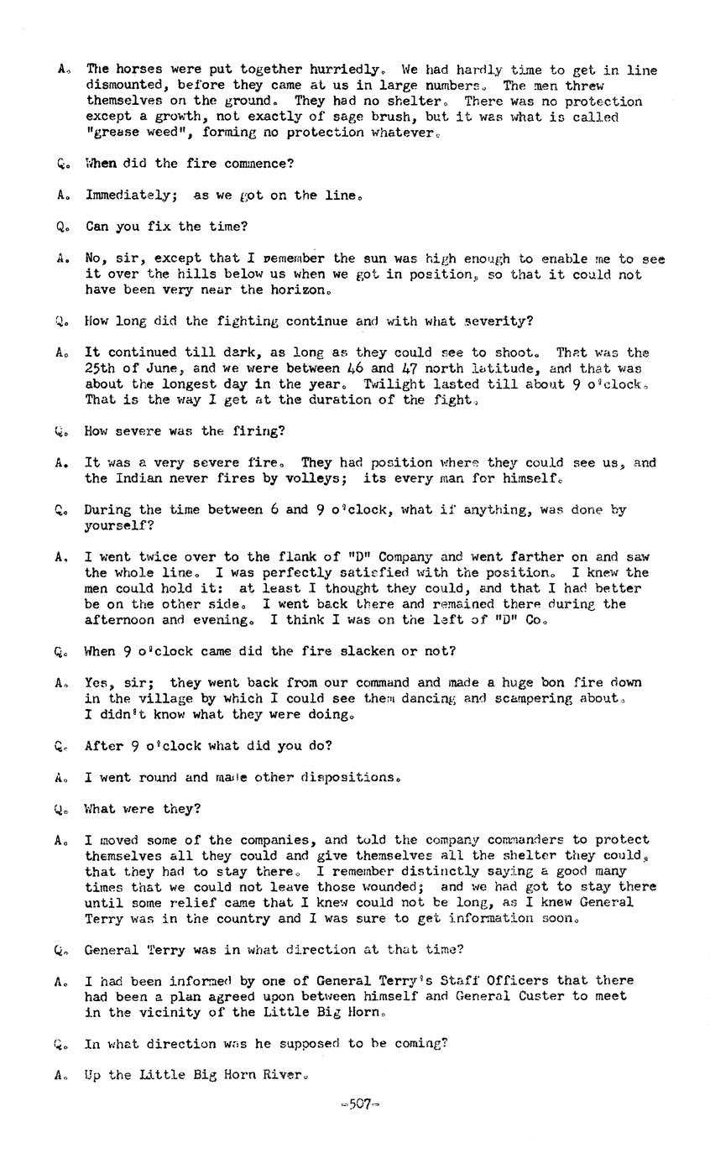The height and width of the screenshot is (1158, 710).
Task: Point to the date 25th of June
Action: click(137, 368)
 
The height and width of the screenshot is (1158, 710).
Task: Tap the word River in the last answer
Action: click(281, 1075)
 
